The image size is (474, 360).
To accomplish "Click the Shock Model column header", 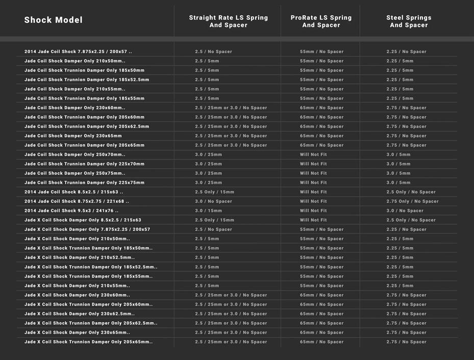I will [x=53, y=20].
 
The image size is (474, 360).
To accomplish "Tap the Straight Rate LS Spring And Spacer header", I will [x=228, y=21].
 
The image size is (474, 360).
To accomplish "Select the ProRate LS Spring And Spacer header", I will [x=321, y=21].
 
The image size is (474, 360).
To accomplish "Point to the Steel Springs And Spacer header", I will [x=409, y=21].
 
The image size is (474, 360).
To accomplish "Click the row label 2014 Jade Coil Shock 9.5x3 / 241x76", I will [x=71, y=210].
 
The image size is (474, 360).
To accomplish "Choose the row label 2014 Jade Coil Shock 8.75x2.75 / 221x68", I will [x=77, y=201].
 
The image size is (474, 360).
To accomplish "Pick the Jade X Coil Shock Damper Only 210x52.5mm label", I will [x=80, y=257].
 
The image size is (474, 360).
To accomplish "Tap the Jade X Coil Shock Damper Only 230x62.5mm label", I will [x=80, y=314].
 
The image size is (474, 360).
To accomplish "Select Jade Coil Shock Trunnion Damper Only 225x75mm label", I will [x=84, y=182].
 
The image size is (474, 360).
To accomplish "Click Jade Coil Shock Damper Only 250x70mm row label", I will [x=74, y=154].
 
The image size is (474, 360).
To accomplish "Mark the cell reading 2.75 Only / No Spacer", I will [x=412, y=201].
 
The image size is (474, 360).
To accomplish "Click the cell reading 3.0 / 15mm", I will [x=208, y=210].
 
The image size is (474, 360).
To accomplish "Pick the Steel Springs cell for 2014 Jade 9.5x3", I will [x=405, y=210].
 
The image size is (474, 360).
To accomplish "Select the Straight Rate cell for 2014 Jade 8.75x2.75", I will [x=213, y=201].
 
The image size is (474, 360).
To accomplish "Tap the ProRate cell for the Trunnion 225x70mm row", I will [x=313, y=164].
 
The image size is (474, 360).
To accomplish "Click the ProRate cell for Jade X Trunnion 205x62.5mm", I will [x=321, y=323].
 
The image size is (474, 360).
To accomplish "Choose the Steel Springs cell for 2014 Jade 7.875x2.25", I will [x=406, y=52].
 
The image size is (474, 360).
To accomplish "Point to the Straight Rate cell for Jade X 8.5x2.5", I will [x=214, y=220].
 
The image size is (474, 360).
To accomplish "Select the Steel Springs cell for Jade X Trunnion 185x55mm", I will [x=400, y=276].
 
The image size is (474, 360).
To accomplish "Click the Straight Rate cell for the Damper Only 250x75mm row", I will [x=208, y=173].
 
